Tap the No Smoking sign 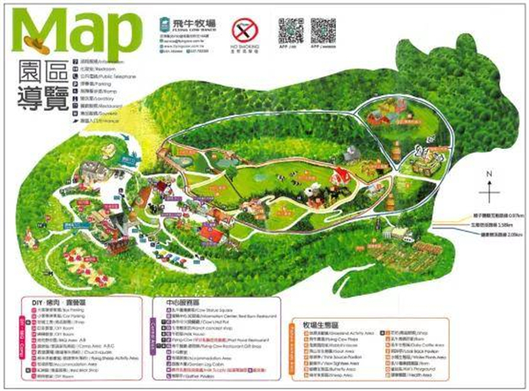pos(242,34)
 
